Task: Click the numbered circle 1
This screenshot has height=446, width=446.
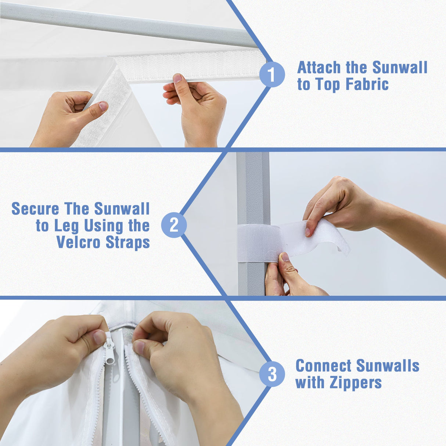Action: (x=271, y=74)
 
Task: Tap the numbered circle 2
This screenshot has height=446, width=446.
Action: (x=174, y=225)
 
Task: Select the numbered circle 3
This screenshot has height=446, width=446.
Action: (x=271, y=374)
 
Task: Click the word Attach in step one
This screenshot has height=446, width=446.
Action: (x=319, y=68)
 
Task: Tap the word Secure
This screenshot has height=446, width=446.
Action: (x=35, y=209)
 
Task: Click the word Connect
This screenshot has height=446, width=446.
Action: (x=323, y=366)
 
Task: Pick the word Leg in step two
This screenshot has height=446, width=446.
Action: (x=66, y=226)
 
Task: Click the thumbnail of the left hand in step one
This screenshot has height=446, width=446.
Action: (x=103, y=106)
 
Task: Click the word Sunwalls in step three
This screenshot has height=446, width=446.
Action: (x=388, y=366)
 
